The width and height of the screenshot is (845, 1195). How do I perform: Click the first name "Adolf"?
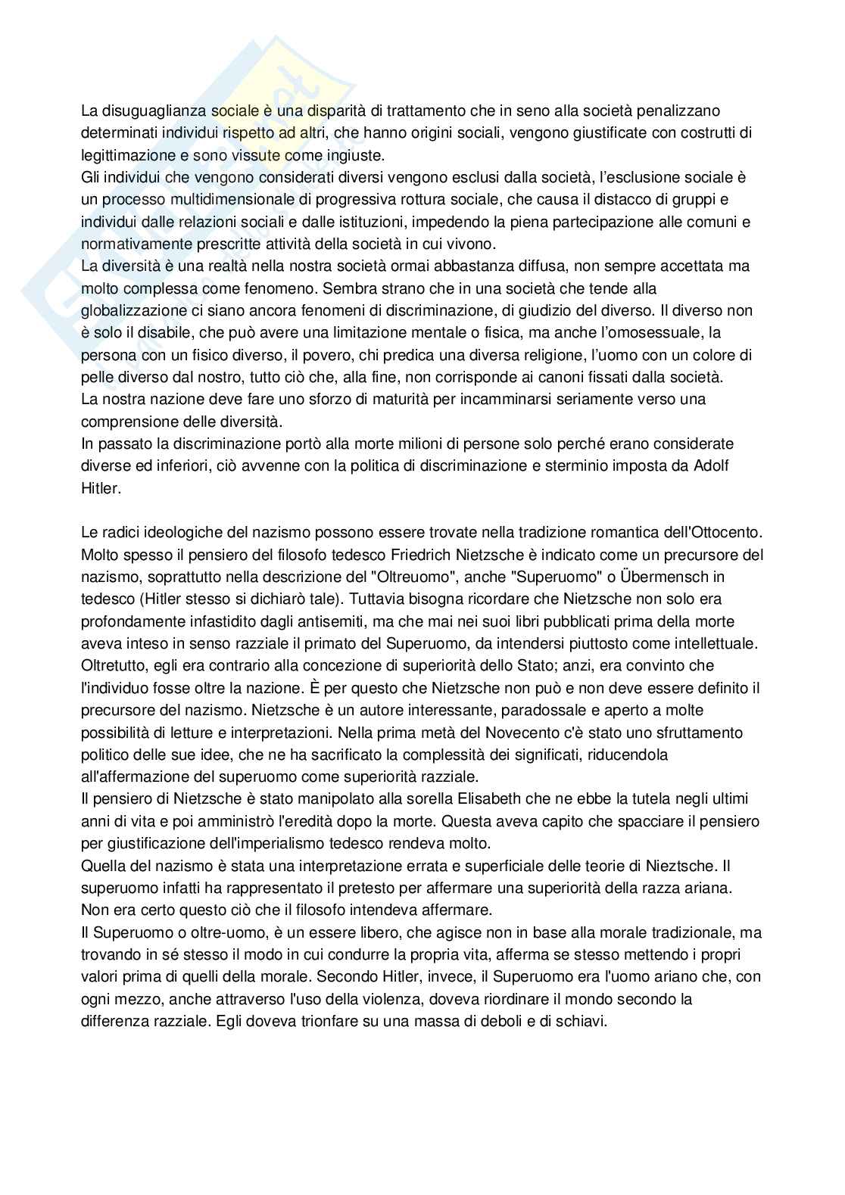coord(711,466)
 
